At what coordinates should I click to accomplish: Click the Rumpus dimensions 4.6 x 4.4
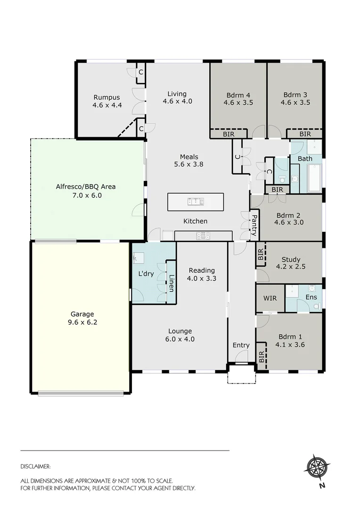pos(107,106)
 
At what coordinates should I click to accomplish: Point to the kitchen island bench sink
pos(196,202)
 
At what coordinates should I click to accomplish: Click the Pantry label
pos(254,225)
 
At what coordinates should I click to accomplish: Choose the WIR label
pos(270,298)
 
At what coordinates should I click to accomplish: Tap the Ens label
pos(311,297)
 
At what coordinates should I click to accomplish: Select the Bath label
pos(305,158)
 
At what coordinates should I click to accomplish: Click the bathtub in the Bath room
pos(314,178)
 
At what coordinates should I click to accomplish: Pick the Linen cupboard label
pos(172,283)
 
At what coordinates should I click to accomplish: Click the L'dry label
pos(146,273)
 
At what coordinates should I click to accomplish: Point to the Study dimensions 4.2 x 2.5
pos(291,267)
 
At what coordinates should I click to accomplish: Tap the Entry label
pos(241,345)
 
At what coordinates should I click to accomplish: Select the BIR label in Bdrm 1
pos(262,357)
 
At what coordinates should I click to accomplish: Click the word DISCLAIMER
pos(35,467)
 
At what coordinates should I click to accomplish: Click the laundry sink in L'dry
pos(139,257)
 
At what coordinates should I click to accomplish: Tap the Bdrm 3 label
pos(295,94)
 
